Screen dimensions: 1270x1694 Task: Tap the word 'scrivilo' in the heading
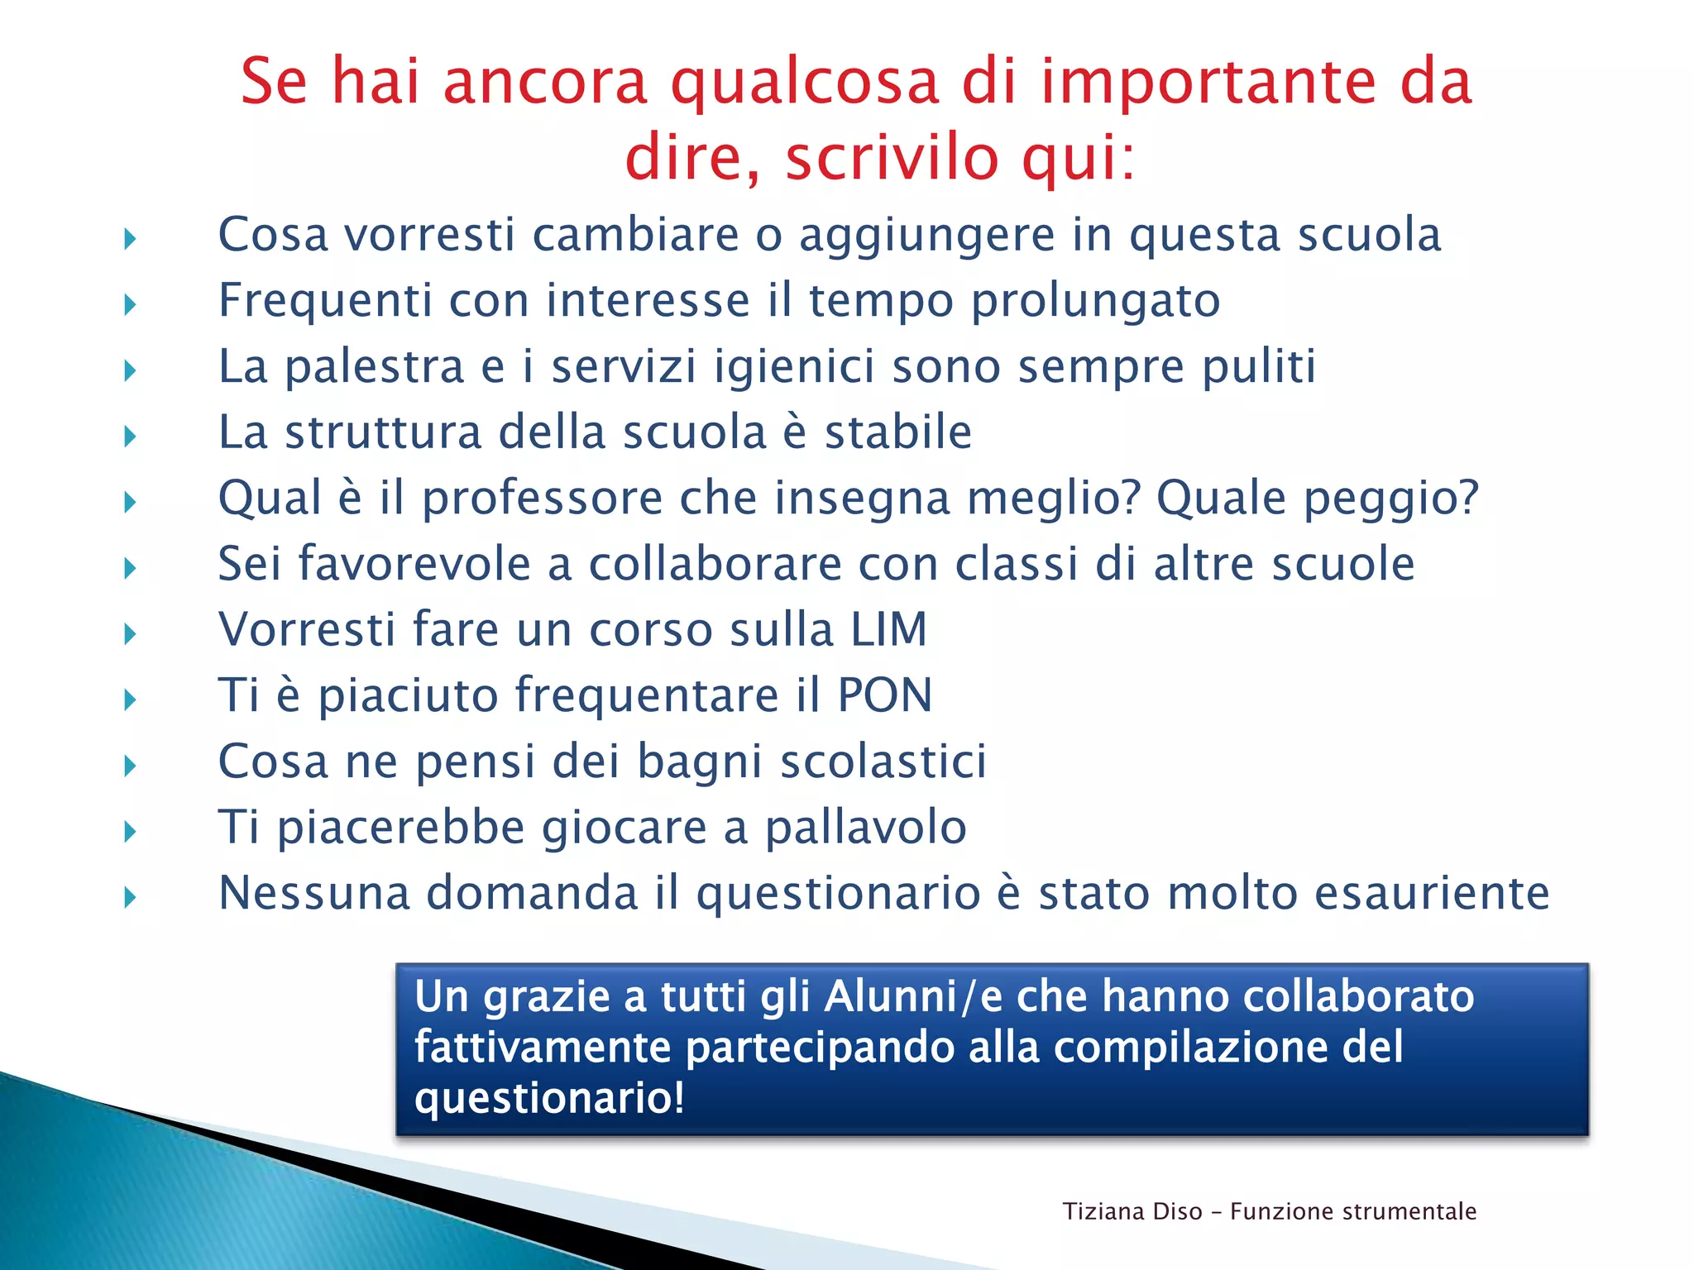[x=892, y=158]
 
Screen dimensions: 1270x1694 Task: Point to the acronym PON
[x=884, y=695]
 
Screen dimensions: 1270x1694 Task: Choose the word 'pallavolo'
[x=865, y=827]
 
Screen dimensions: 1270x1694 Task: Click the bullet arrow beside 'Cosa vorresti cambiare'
[x=130, y=239]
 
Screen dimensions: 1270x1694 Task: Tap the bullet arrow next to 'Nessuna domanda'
[x=130, y=896]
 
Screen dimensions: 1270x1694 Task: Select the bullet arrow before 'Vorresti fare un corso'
[x=130, y=634]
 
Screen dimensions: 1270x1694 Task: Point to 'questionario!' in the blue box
[x=549, y=1098]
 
